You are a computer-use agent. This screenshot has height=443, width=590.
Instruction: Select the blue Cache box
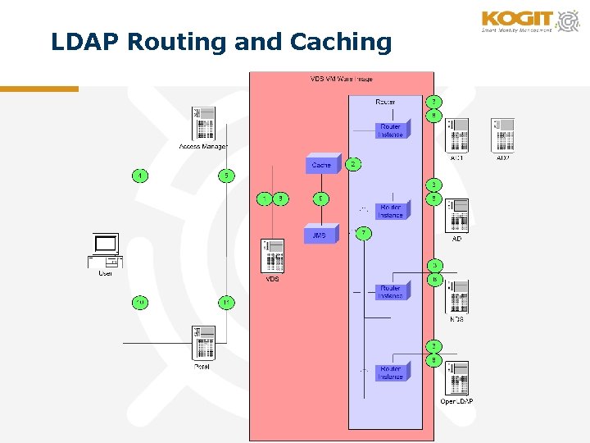(322, 165)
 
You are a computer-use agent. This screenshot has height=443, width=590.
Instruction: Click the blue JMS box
(320, 235)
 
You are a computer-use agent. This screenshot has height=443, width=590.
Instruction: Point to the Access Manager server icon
(203, 123)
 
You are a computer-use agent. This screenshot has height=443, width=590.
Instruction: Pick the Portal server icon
(202, 343)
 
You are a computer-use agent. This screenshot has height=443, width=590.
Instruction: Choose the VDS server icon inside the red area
(272, 256)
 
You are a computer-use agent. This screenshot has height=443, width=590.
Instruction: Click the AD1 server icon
(457, 135)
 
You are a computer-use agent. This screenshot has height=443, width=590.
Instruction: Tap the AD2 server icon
(502, 135)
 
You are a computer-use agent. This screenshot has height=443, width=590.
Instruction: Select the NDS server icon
(457, 296)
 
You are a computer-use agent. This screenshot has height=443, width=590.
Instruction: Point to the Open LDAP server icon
(457, 377)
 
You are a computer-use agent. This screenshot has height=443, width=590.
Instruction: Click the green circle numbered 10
(141, 303)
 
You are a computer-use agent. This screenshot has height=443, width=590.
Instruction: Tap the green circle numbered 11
(226, 303)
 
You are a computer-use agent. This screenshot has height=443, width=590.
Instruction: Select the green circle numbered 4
(141, 175)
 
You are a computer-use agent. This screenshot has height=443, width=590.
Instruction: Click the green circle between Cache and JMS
(322, 199)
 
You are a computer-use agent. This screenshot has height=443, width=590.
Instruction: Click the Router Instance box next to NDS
(391, 291)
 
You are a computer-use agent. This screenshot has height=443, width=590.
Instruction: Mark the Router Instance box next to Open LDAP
(391, 372)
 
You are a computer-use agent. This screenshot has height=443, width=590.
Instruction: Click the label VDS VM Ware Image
(341, 79)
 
